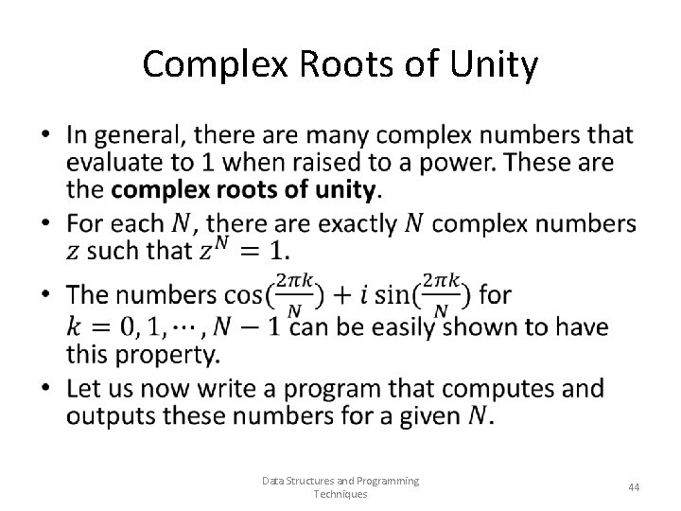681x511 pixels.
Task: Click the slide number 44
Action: click(634, 487)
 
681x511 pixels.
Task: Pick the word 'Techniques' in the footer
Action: click(340, 495)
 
